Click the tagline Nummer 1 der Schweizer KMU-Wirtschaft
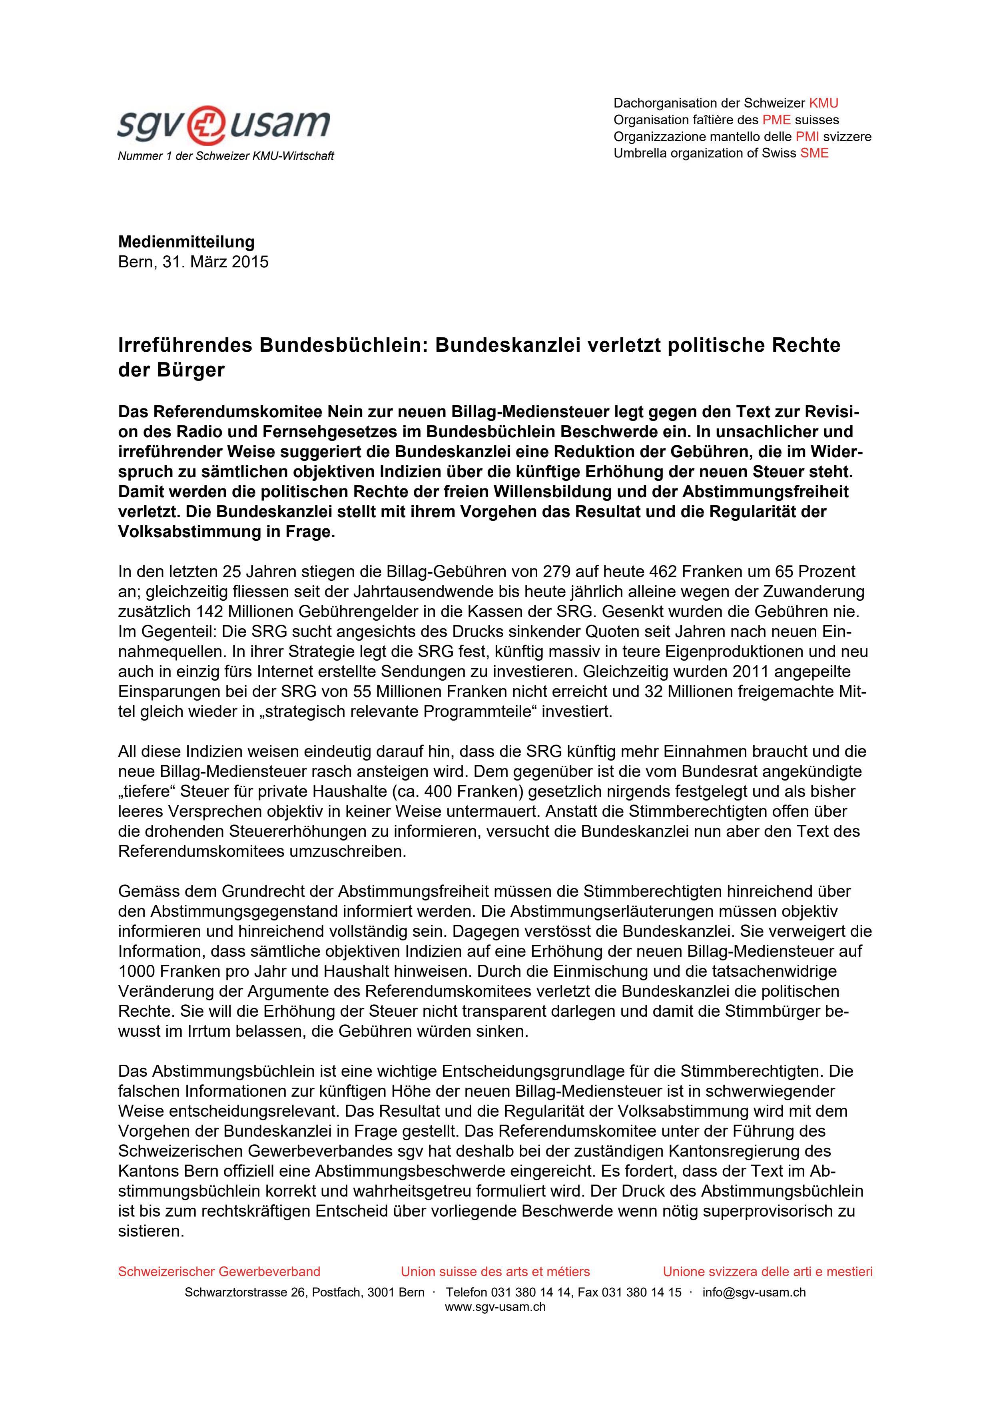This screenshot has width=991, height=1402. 225,156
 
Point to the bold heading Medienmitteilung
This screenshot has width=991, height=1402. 186,242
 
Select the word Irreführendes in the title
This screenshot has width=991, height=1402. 185,346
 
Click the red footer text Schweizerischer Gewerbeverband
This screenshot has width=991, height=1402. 219,1272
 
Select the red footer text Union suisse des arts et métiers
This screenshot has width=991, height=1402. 495,1272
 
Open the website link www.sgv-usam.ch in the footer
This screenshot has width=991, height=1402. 495,1307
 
